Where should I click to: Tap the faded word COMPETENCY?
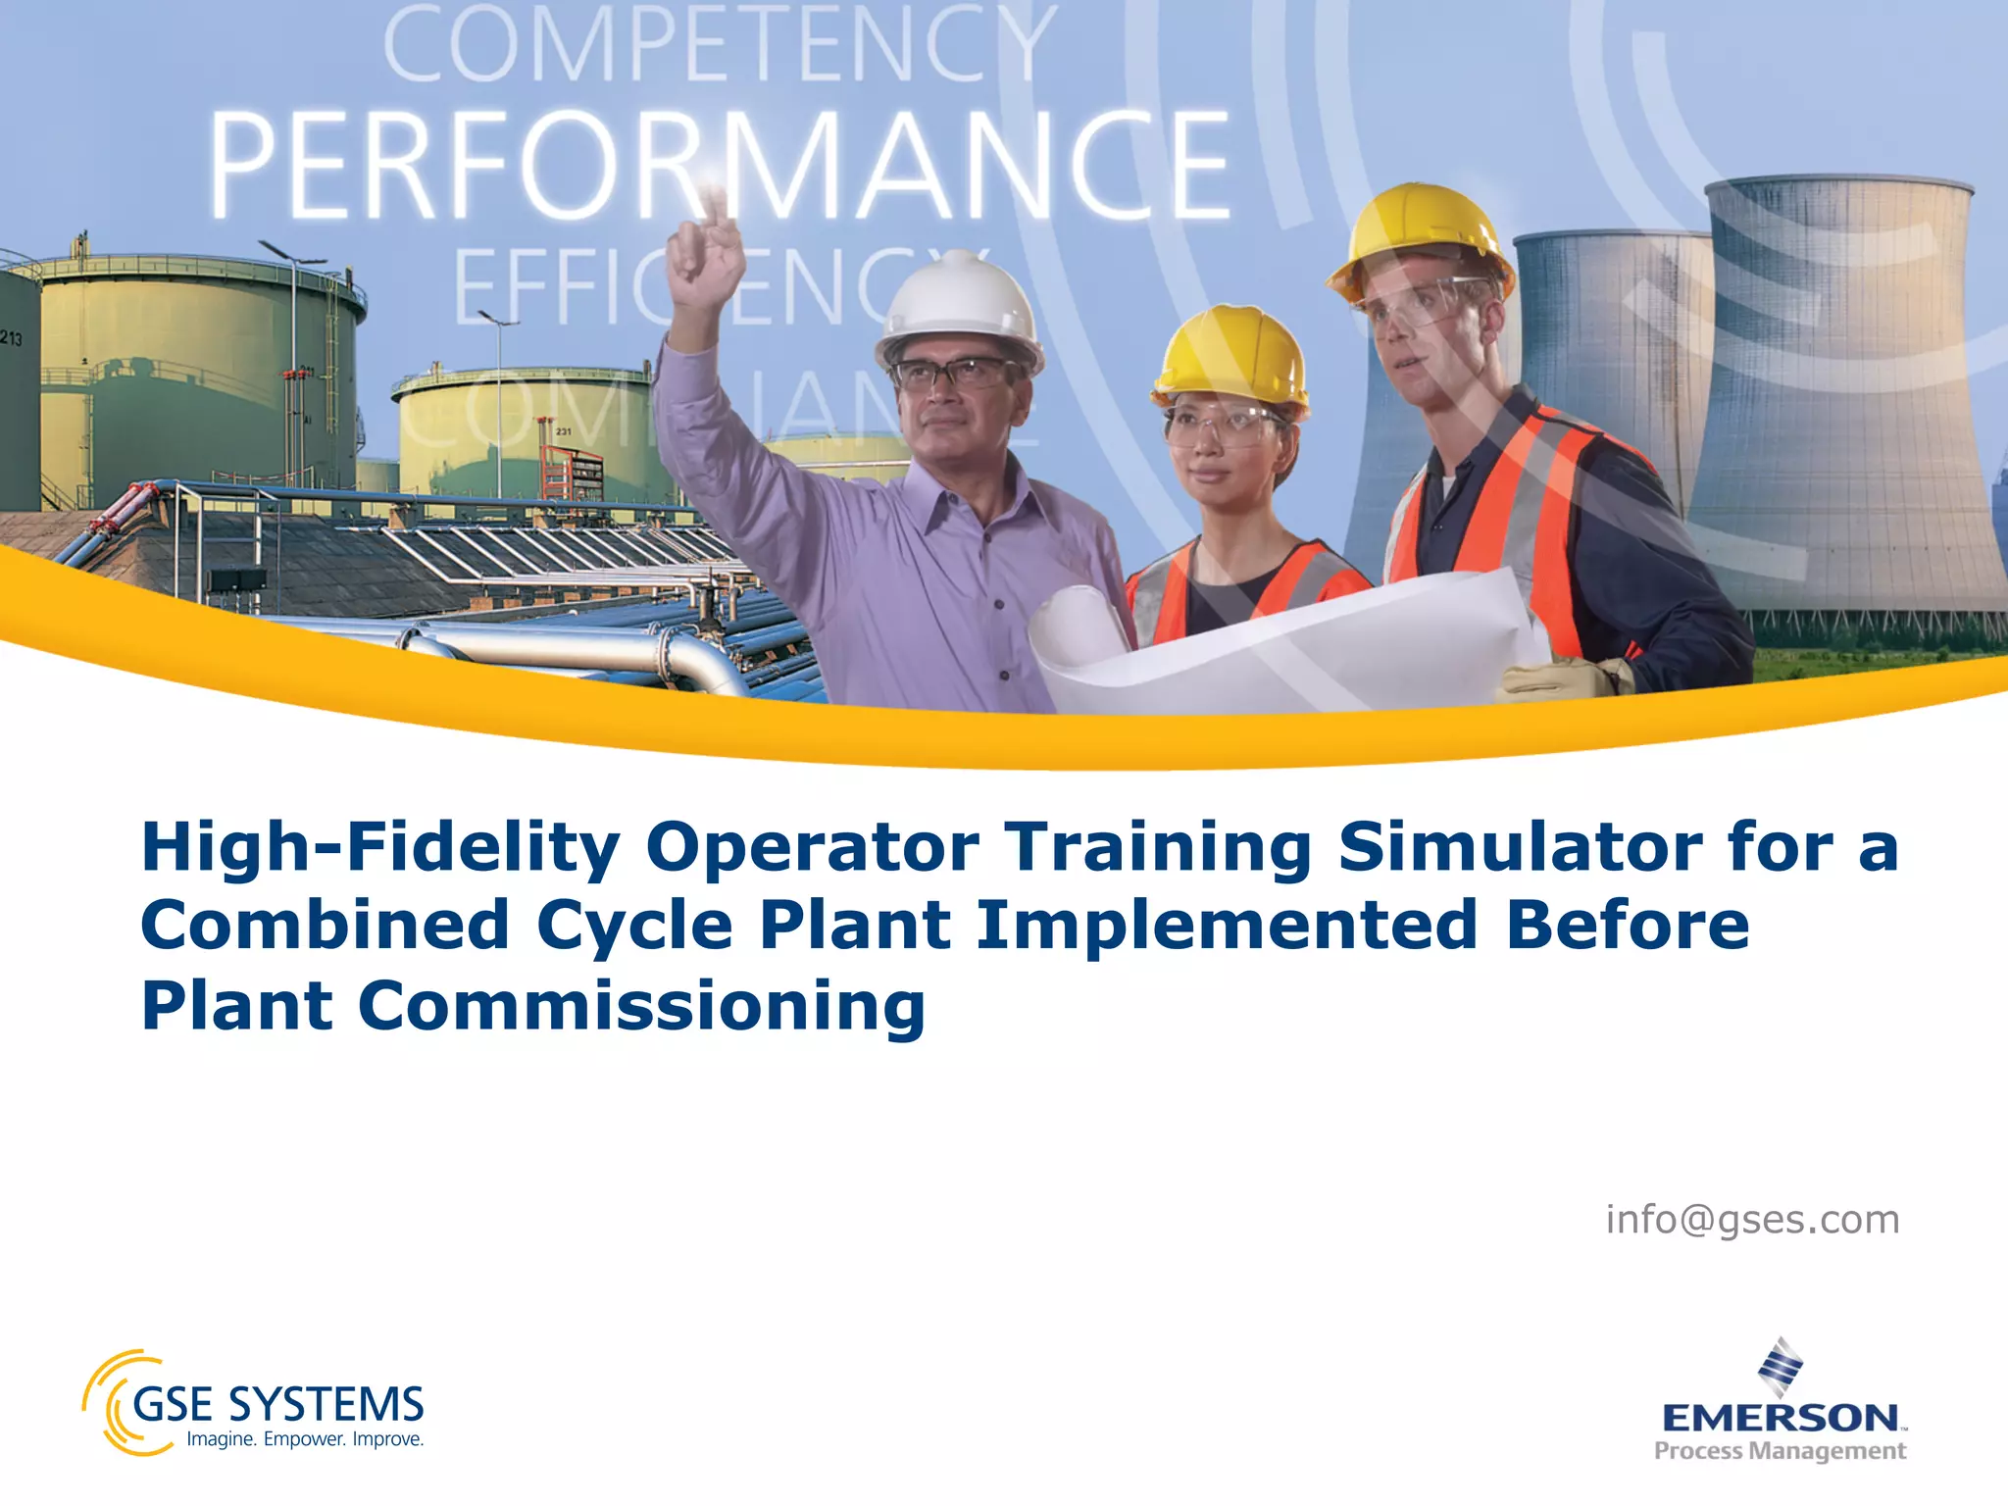(721, 44)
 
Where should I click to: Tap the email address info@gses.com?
(1752, 1220)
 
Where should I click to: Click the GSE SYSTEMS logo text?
(277, 1404)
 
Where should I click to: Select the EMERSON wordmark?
(1780, 1418)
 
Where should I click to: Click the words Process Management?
(1780, 1451)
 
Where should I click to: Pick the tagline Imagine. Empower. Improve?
(305, 1439)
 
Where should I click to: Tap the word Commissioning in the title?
(641, 1007)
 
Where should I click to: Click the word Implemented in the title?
(1227, 926)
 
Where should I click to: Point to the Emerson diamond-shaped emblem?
(1780, 1366)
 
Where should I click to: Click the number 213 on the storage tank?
(11, 339)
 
